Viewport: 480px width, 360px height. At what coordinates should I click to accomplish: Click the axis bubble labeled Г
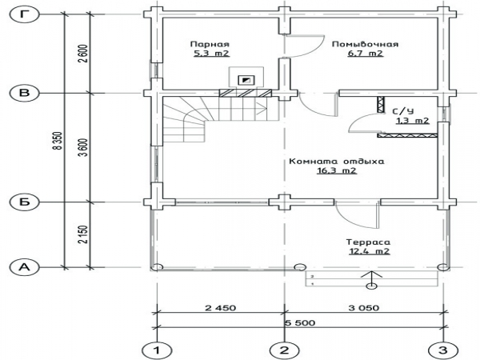[25, 14]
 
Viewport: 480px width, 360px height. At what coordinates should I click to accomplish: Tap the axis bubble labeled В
[25, 93]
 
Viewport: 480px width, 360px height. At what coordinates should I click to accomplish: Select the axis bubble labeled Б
[25, 202]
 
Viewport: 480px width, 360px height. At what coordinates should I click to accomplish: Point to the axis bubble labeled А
[25, 267]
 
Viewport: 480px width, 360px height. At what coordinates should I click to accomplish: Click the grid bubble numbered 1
[157, 350]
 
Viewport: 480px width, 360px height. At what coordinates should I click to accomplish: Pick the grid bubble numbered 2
[284, 350]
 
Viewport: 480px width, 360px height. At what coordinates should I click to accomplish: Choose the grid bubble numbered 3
[443, 350]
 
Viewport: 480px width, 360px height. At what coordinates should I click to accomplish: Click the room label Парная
[210, 44]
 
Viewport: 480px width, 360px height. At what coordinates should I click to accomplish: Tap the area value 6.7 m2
[366, 54]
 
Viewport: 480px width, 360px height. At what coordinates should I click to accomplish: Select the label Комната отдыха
[337, 162]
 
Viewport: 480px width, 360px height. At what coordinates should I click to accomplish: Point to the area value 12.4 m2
[369, 251]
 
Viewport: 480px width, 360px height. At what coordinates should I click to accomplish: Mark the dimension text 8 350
[58, 141]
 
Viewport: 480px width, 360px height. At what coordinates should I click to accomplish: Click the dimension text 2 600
[83, 54]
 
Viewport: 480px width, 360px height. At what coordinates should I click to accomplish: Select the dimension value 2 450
[221, 308]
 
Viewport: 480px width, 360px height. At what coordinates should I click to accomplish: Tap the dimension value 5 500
[300, 322]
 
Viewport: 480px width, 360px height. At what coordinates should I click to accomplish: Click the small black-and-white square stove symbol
[246, 80]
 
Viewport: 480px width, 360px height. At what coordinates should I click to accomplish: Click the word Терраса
[368, 242]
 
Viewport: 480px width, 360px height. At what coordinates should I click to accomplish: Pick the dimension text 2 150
[83, 234]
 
